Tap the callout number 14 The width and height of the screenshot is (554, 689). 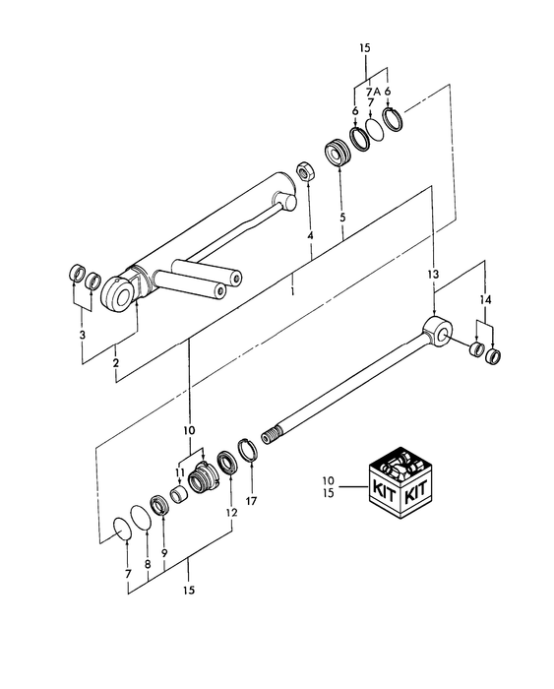484,298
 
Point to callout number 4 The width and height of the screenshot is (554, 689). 309,236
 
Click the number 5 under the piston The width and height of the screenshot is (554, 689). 341,217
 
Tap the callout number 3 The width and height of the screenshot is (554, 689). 83,335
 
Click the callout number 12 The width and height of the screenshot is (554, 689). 232,513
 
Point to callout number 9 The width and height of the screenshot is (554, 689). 164,554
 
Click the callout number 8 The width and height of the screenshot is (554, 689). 147,564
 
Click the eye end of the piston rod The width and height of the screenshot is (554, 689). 435,331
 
